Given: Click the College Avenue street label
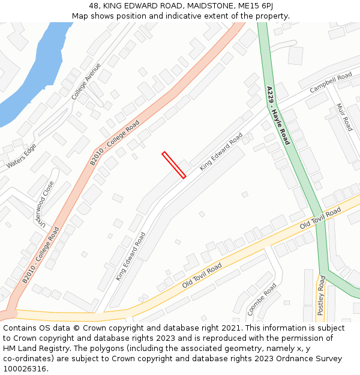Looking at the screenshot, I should (x=86, y=82).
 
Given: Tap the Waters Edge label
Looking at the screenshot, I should (x=22, y=156).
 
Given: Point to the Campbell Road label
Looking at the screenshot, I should (x=331, y=83).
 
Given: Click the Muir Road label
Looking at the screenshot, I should (x=344, y=117).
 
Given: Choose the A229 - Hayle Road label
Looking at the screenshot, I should (x=278, y=115).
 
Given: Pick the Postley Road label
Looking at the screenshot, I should (x=321, y=295).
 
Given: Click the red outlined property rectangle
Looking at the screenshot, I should (x=174, y=165).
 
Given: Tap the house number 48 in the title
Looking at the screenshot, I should (x=94, y=6).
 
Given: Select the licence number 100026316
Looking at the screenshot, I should (x=25, y=369).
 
